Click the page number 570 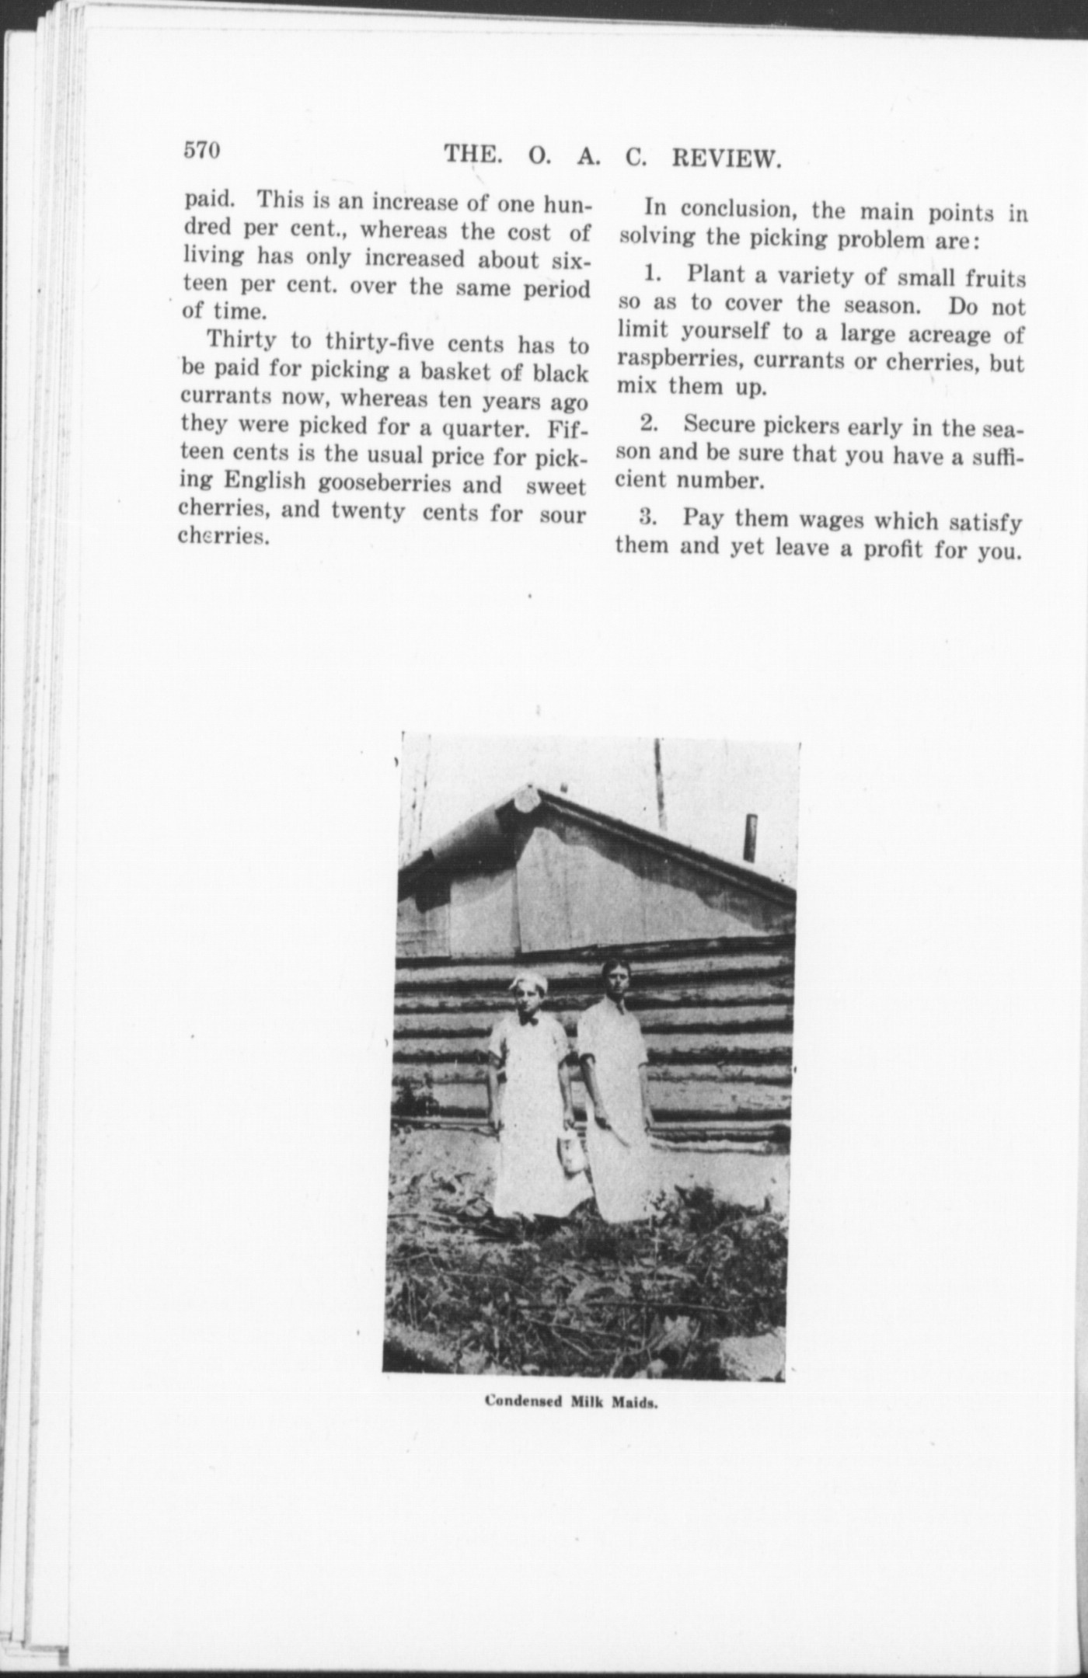tap(203, 149)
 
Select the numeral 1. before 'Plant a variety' tap(650, 274)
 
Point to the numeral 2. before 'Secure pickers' tap(650, 424)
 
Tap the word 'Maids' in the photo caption tap(639, 1403)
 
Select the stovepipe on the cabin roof tap(751, 837)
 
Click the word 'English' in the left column tap(265, 482)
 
